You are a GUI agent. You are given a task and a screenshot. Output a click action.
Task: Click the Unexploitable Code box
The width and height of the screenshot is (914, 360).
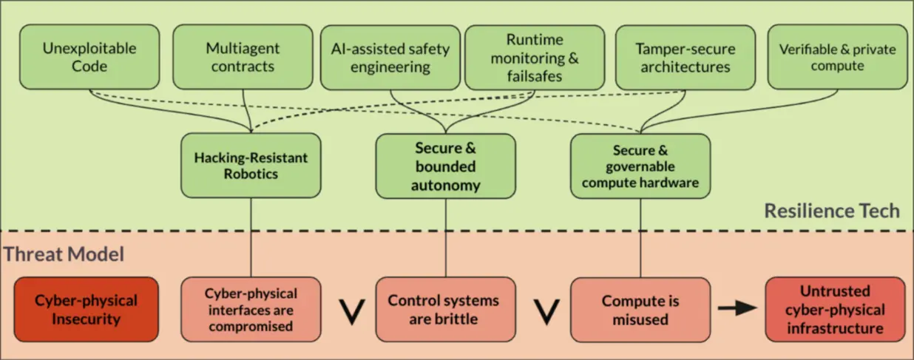pyautogui.click(x=89, y=58)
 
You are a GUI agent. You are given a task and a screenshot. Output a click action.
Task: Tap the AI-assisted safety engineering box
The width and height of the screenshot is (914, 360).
pyautogui.click(x=390, y=58)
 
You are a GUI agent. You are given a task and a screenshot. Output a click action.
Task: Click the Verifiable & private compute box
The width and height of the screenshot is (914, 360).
pyautogui.click(x=837, y=58)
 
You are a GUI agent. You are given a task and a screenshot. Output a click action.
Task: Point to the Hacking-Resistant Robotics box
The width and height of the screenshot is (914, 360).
pyautogui.click(x=251, y=166)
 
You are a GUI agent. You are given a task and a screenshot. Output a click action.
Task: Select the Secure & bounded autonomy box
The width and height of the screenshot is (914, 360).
pyautogui.click(x=444, y=166)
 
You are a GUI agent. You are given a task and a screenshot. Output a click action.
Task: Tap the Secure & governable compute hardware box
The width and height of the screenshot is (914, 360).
pyautogui.click(x=640, y=166)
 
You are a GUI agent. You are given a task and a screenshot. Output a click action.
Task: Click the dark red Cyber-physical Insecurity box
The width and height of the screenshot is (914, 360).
pyautogui.click(x=86, y=310)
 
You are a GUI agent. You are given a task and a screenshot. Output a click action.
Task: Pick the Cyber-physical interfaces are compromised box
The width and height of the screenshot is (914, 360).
pyautogui.click(x=251, y=310)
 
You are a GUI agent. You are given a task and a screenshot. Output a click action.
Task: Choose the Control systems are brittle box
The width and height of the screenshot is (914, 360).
pyautogui.click(x=445, y=310)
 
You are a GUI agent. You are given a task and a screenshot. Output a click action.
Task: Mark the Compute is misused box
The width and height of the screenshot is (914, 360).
pyautogui.click(x=640, y=310)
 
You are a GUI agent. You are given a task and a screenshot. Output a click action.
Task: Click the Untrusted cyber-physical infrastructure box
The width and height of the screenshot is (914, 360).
pyautogui.click(x=835, y=310)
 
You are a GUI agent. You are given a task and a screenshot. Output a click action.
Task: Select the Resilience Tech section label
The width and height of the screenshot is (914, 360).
pyautogui.click(x=831, y=211)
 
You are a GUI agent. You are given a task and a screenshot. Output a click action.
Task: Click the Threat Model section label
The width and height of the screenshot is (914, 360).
pyautogui.click(x=64, y=254)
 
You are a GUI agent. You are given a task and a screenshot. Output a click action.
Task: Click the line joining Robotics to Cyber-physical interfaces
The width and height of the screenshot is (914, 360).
pyautogui.click(x=251, y=237)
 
